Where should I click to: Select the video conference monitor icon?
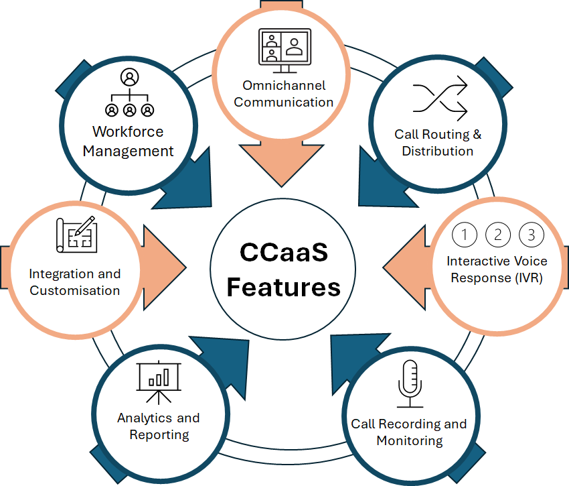coord(284,51)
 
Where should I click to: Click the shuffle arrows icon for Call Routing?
coord(439,99)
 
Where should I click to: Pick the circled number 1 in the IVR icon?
coord(465,235)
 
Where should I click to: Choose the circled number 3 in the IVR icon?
coord(532,235)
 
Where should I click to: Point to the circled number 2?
coord(498,235)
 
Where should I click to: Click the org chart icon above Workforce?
coord(129,93)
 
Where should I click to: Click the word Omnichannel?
coord(284,86)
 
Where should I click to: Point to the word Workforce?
coord(128,131)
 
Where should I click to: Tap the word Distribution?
coord(438,151)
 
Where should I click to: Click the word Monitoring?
coord(410,441)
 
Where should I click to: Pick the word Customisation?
coord(75,291)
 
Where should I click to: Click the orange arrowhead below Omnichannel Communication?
coord(284,164)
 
